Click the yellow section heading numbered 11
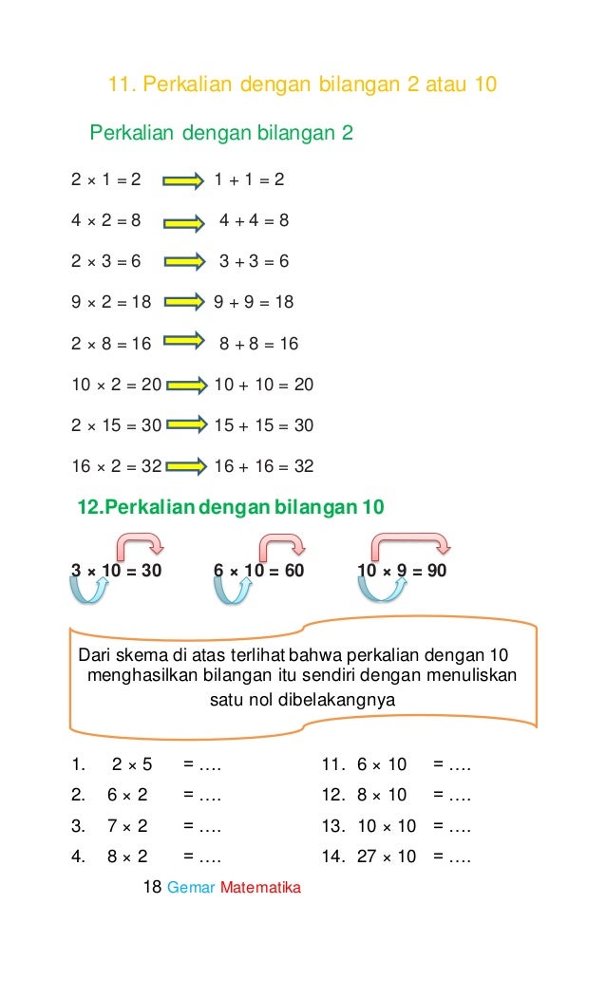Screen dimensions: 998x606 302,85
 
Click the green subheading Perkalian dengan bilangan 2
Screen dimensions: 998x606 221,133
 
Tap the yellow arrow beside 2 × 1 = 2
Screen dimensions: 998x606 183,180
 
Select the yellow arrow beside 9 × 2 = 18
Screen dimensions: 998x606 184,303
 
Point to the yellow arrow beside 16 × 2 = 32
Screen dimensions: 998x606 184,466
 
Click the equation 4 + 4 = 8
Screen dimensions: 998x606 254,221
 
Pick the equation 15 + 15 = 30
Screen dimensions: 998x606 263,425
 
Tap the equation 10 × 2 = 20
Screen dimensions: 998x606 116,385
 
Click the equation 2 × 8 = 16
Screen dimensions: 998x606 110,344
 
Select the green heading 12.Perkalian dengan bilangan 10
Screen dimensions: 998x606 231,507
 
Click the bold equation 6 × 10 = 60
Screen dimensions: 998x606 259,570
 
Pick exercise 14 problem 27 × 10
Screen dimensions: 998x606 387,857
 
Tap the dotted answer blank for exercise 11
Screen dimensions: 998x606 452,764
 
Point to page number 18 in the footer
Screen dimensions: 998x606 151,888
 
